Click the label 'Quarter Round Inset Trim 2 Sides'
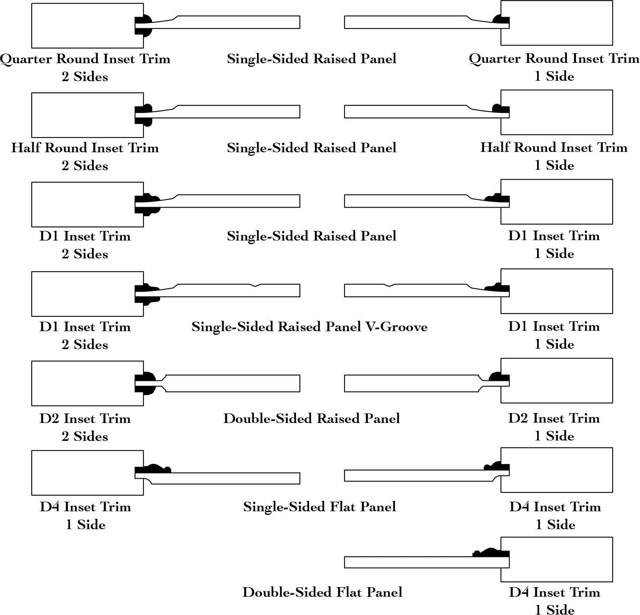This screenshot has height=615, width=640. coord(85,67)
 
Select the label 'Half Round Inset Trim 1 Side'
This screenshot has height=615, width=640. coord(554,156)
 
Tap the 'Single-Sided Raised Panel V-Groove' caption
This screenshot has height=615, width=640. coord(309,327)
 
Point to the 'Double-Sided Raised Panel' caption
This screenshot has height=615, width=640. coord(311,418)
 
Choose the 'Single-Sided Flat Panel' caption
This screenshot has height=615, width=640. coord(319,506)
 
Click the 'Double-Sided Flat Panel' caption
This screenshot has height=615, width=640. coord(322,592)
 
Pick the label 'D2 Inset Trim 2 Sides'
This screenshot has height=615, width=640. coord(85,427)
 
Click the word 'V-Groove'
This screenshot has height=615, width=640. coord(396,327)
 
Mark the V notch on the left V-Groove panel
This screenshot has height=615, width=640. coord(255,285)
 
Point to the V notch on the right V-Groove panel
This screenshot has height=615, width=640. coord(389,285)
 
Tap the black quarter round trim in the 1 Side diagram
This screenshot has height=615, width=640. coord(501,20)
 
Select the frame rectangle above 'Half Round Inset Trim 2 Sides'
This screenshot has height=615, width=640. coord(87,115)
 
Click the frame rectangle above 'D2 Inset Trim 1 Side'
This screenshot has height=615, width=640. coord(557,380)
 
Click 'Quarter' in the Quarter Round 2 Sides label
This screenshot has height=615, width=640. coord(26,59)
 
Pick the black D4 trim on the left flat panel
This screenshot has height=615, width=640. coord(153,469)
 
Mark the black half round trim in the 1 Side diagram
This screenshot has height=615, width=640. coord(501,108)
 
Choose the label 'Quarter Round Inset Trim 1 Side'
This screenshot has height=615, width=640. coord(554,67)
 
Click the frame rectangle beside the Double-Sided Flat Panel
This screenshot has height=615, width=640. coord(557,559)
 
